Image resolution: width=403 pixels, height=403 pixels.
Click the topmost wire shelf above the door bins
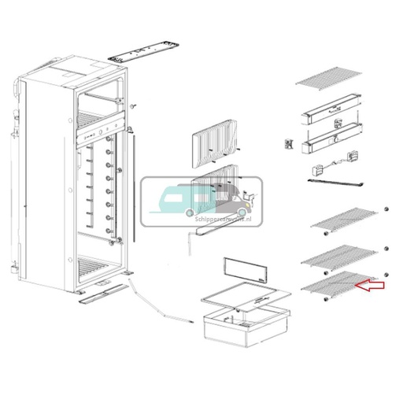[329, 79]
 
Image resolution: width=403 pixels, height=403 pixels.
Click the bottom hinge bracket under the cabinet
[100, 295]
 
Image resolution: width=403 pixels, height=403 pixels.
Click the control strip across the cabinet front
[100, 131]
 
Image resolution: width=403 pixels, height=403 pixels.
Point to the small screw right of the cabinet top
[135, 105]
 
